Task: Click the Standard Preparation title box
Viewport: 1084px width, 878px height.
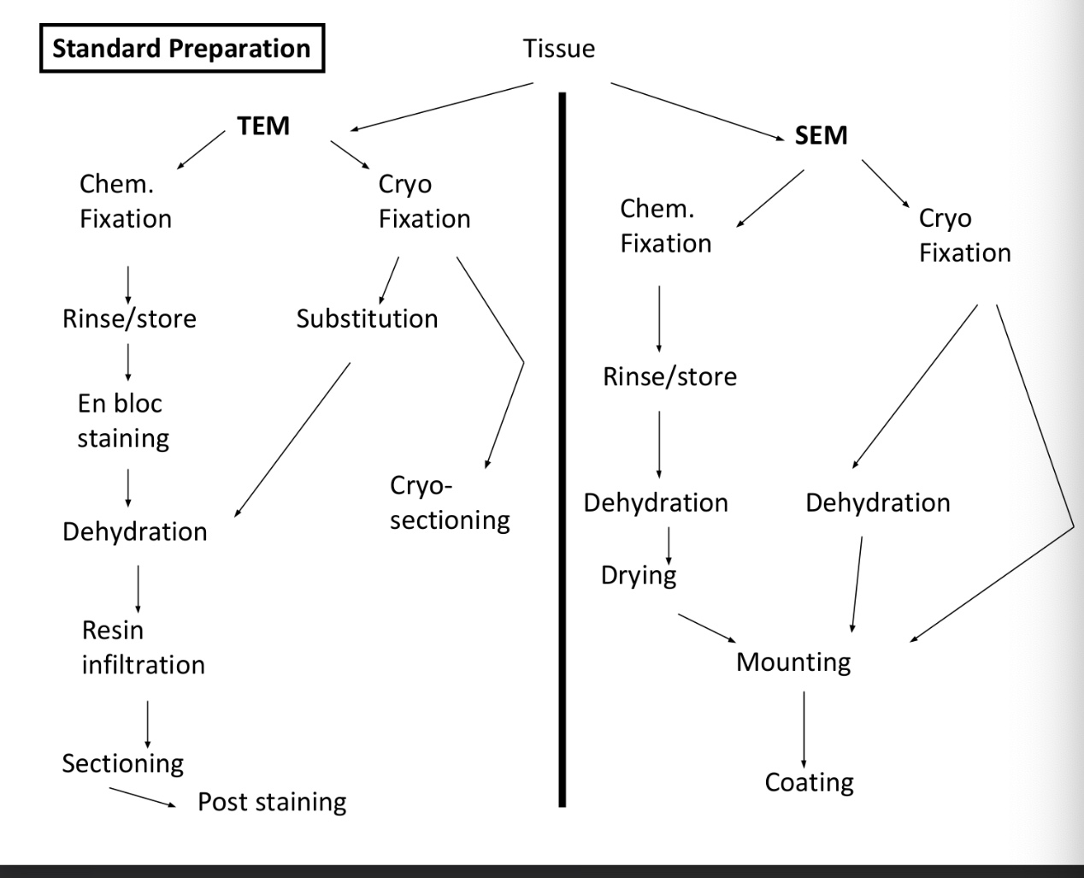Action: pos(181,49)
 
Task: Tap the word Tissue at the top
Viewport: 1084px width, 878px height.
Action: pos(558,49)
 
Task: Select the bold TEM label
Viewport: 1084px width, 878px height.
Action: pos(263,126)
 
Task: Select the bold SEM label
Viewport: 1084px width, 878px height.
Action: pos(821,135)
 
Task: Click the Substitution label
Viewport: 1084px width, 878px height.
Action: pos(367,318)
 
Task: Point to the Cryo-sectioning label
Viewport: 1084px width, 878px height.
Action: pos(449,502)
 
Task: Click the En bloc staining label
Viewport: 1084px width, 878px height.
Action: pos(123,420)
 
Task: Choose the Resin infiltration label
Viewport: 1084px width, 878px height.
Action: pos(143,647)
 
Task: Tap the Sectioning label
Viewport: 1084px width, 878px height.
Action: pos(122,762)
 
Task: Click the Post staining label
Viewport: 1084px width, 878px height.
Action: pos(272,802)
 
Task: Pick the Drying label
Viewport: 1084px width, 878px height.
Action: pos(638,575)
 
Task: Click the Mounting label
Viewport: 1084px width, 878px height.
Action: pos(793,662)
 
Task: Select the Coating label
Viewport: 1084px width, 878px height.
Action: pos(809,782)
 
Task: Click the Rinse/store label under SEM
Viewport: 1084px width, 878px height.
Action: pos(669,377)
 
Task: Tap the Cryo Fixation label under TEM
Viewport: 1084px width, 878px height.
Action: pos(424,201)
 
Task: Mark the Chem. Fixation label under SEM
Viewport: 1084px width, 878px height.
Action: pos(665,226)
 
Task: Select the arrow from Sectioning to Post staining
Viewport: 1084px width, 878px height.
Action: pos(143,798)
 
